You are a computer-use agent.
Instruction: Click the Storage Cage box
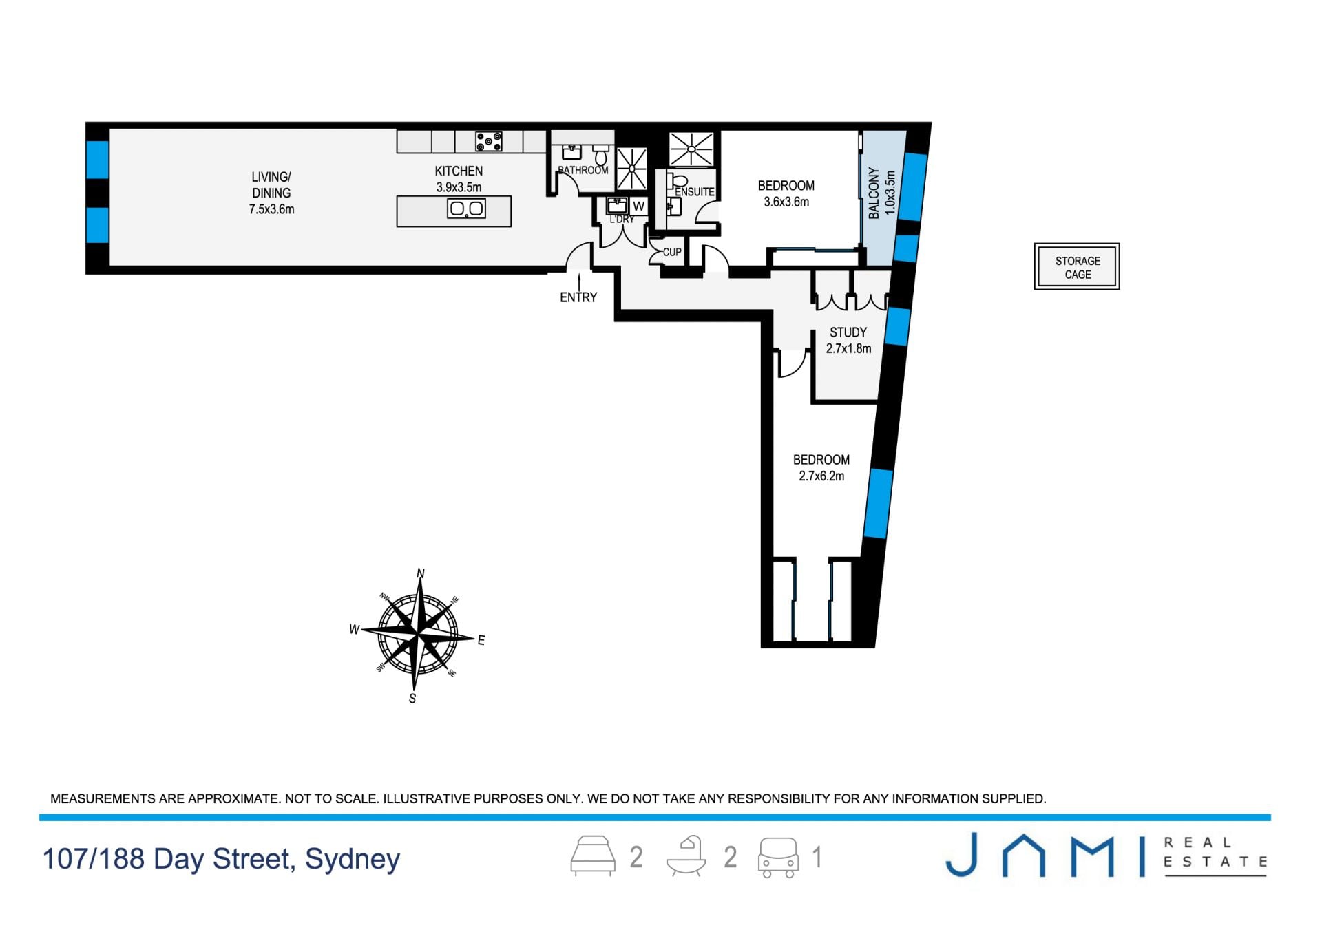tap(1077, 266)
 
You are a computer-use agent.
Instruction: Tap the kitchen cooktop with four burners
tap(489, 142)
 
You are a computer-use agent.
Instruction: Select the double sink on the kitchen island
tap(466, 208)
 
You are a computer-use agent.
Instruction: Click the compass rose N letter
tap(421, 573)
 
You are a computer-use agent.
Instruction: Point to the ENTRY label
tap(578, 297)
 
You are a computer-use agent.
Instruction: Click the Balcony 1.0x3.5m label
tap(882, 193)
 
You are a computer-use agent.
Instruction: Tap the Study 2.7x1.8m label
tap(848, 340)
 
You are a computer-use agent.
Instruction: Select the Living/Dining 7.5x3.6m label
tap(271, 193)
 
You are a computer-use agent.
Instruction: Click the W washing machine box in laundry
tap(639, 206)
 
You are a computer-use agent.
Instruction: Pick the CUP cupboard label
tap(672, 252)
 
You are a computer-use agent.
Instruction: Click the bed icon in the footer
tap(593, 856)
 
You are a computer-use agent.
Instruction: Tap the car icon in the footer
tap(778, 857)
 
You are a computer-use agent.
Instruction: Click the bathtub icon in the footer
tap(686, 856)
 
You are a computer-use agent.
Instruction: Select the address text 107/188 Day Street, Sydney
tap(221, 859)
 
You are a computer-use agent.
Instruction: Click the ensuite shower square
tap(692, 149)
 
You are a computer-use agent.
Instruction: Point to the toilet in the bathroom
tap(601, 154)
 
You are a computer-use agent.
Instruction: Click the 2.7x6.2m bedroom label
tap(821, 467)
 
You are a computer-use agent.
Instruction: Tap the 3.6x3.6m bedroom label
tap(786, 193)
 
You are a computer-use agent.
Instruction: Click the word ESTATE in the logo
tap(1215, 862)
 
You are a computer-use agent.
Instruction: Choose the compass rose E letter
tap(481, 640)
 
